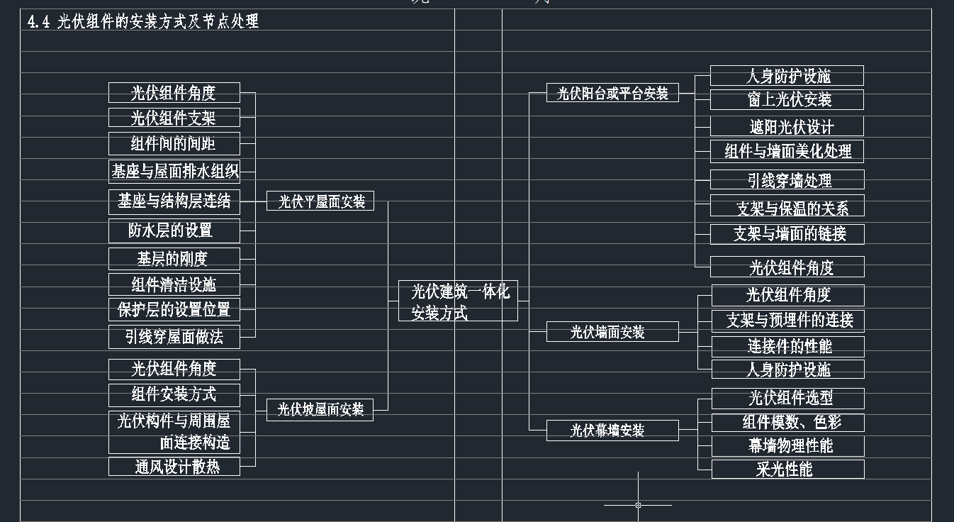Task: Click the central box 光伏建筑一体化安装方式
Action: click(x=458, y=301)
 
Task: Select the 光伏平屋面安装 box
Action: click(x=320, y=201)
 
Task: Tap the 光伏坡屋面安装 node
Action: click(x=320, y=409)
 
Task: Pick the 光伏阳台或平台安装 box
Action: click(x=612, y=93)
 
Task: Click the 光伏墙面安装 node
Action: click(x=612, y=332)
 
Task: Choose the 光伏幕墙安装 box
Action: click(x=612, y=431)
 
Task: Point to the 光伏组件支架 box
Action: click(x=174, y=118)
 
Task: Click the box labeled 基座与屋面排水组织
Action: click(x=174, y=171)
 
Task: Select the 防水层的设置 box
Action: click(x=174, y=231)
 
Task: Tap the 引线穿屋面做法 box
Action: click(x=174, y=337)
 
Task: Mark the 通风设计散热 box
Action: click(x=174, y=467)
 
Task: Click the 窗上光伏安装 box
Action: click(x=787, y=100)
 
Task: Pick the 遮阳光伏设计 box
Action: click(x=787, y=127)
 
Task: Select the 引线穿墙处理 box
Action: click(x=787, y=180)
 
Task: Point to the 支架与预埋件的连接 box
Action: click(x=788, y=320)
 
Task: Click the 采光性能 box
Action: click(x=788, y=469)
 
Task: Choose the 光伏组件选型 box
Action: click(x=788, y=398)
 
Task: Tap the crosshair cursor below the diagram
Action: click(x=638, y=505)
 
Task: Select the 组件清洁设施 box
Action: click(x=174, y=284)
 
